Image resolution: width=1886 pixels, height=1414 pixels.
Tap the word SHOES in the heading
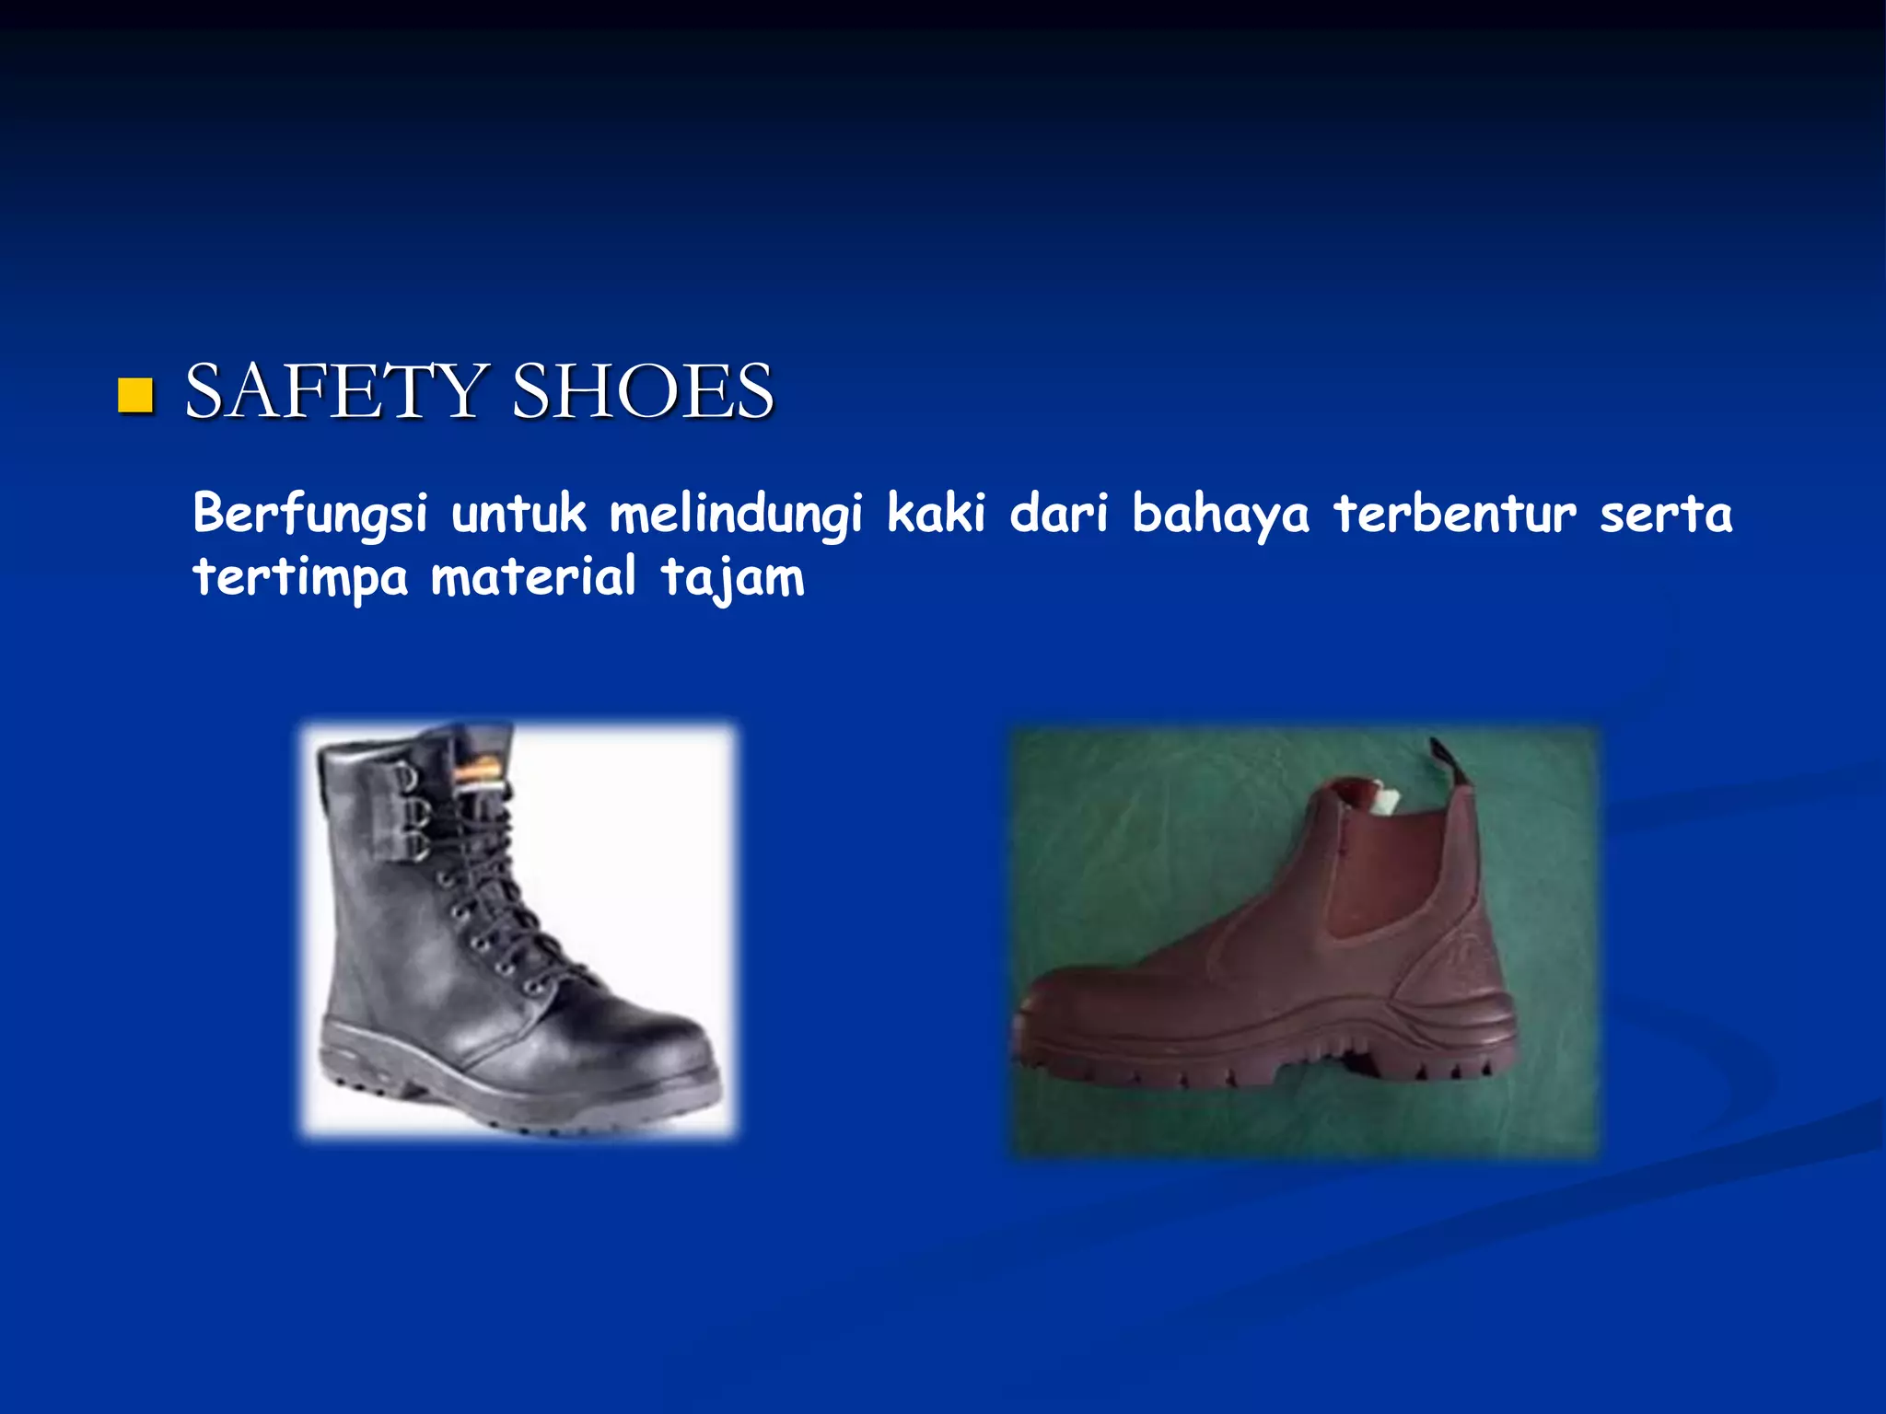[x=643, y=390]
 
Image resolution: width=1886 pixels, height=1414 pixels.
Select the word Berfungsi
[x=310, y=514]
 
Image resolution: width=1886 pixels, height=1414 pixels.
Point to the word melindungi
[x=736, y=514]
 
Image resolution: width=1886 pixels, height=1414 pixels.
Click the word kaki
[x=936, y=512]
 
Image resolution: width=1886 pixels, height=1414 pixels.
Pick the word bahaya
[x=1220, y=514]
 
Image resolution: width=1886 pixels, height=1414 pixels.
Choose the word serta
[x=1666, y=514]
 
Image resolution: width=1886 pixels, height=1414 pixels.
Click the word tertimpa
[x=300, y=577]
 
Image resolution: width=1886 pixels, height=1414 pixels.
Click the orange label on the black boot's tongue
[x=479, y=770]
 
